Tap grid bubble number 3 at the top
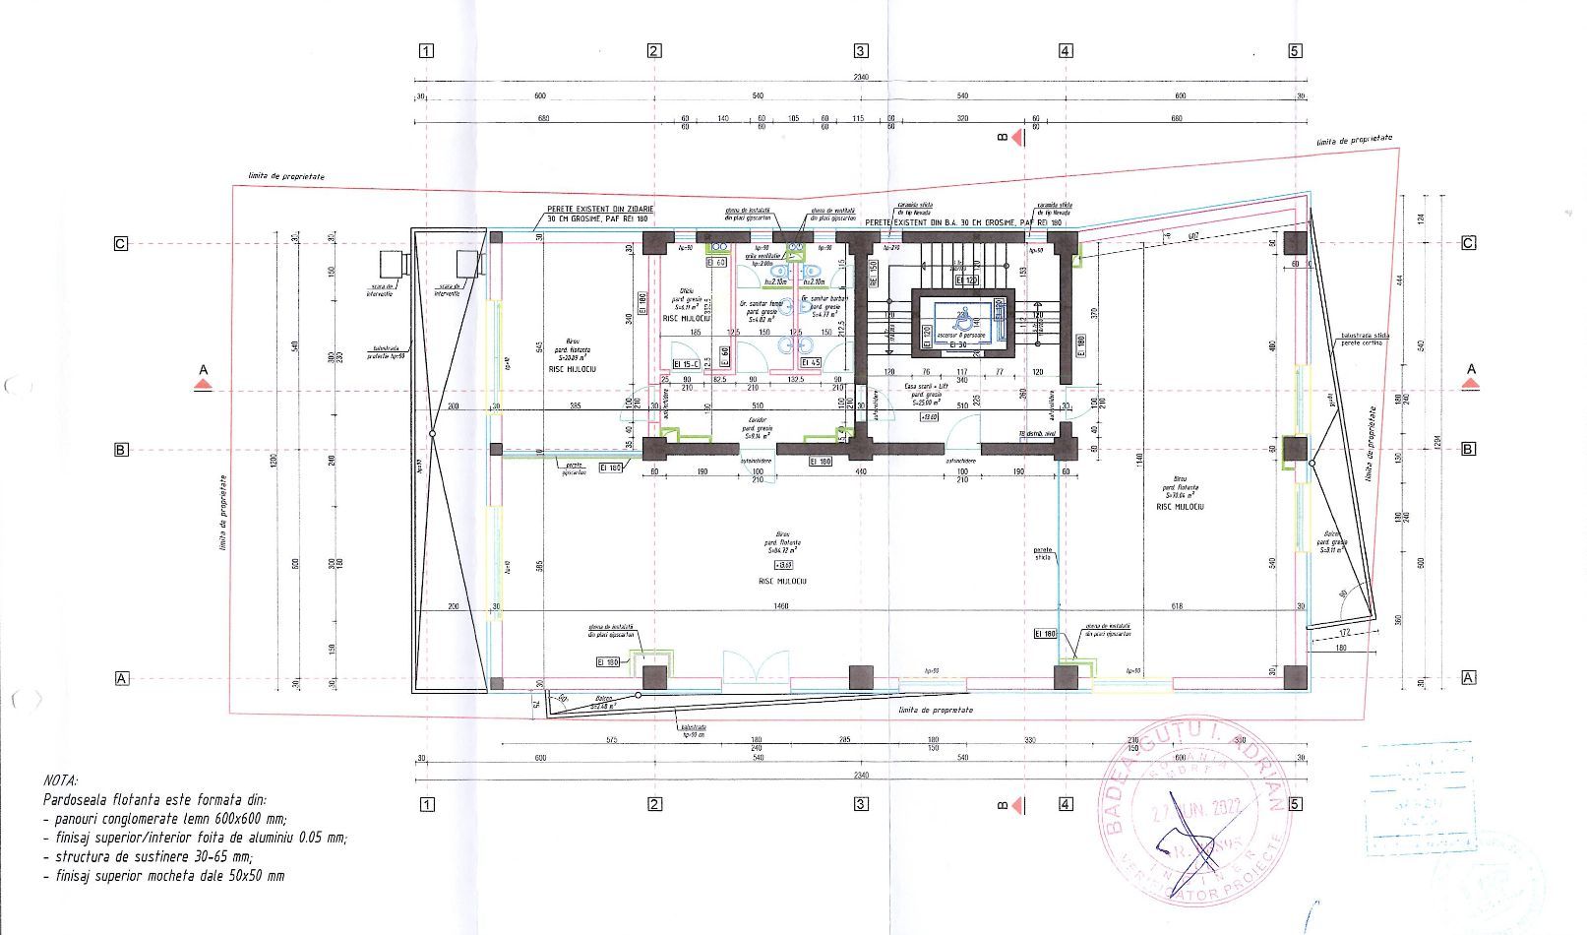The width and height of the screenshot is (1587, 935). pyautogui.click(x=861, y=51)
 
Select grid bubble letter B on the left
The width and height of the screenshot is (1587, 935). pyautogui.click(x=121, y=450)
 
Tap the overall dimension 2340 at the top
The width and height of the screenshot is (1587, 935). pyautogui.click(x=861, y=78)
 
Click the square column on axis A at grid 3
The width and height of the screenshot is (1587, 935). pyautogui.click(x=861, y=677)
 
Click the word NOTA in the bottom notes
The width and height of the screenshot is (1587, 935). pyautogui.click(x=61, y=781)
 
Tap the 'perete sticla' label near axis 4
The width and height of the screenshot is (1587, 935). pyautogui.click(x=1043, y=553)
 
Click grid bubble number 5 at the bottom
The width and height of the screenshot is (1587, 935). pyautogui.click(x=1295, y=804)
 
